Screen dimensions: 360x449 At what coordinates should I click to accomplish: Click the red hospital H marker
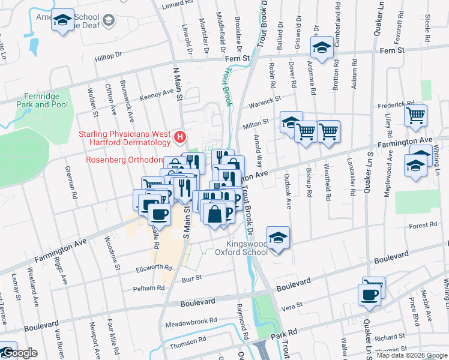coord(179,139)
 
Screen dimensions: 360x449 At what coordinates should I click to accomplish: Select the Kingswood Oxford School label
coord(247,248)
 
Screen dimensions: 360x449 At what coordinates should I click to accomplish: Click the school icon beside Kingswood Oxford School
coord(278,238)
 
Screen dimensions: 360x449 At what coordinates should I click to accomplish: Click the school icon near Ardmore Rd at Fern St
coord(322,47)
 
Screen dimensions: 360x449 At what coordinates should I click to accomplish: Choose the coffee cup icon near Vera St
coord(369,295)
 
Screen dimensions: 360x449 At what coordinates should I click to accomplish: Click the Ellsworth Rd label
coord(149,268)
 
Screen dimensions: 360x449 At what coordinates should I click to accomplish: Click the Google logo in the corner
coord(19,353)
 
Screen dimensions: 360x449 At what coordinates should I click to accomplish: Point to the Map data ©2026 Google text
coord(411,355)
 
